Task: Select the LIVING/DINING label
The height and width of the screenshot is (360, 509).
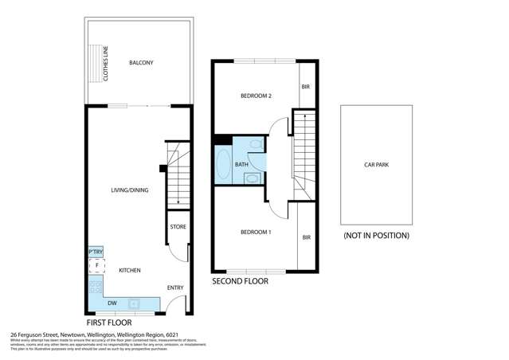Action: (x=128, y=190)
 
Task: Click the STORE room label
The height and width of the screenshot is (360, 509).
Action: (x=178, y=227)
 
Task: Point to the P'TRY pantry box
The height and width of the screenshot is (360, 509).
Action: (x=96, y=252)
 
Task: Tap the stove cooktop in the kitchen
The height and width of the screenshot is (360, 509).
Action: (x=96, y=287)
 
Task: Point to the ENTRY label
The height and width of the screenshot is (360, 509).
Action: (x=175, y=288)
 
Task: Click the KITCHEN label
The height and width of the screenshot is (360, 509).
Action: (x=130, y=271)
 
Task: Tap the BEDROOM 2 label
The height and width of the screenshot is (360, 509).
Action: (x=256, y=96)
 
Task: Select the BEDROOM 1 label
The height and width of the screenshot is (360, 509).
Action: (x=256, y=232)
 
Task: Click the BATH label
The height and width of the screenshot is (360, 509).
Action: (x=241, y=165)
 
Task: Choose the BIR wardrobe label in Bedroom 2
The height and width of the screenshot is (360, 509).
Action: (x=304, y=87)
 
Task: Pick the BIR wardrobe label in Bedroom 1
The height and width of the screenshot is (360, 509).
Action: (x=307, y=237)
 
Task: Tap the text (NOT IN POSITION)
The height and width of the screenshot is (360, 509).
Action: (x=376, y=236)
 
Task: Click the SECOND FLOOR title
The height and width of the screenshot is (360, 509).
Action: (x=240, y=281)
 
